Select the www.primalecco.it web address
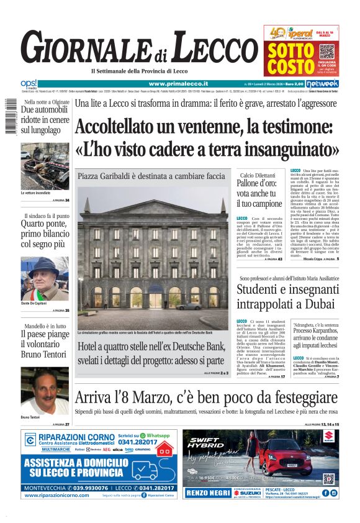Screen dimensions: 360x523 point(178,83)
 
